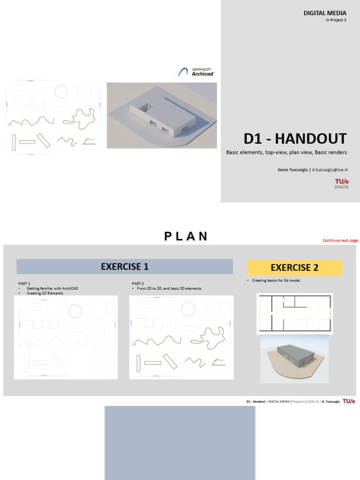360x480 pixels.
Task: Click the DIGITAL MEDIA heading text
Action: pyautogui.click(x=325, y=13)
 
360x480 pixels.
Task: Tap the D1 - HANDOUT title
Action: pyautogui.click(x=295, y=139)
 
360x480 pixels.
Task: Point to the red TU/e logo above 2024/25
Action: pyautogui.click(x=342, y=181)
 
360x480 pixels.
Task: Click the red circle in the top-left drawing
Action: pyautogui.click(x=61, y=90)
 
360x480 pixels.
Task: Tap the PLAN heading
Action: pyautogui.click(x=186, y=236)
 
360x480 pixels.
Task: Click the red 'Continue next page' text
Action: pyautogui.click(x=340, y=240)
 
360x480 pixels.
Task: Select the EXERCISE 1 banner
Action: pyautogui.click(x=125, y=267)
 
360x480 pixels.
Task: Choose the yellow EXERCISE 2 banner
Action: pyautogui.click(x=294, y=268)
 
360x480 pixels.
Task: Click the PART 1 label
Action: pyautogui.click(x=24, y=284)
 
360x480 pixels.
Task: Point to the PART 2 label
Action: pyautogui.click(x=138, y=284)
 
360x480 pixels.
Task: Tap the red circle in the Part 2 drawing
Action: pyautogui.click(x=188, y=309)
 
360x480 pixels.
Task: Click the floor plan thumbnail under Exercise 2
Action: pyautogui.click(x=294, y=314)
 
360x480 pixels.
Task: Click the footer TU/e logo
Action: pyautogui.click(x=349, y=401)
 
